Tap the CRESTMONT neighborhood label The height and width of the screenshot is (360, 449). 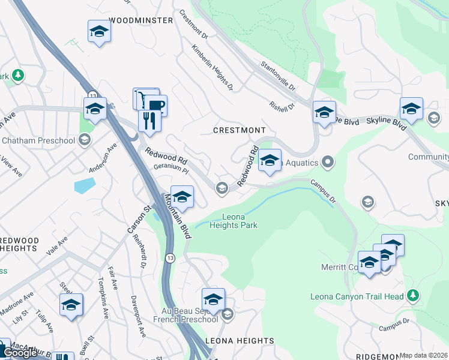click(x=240, y=130)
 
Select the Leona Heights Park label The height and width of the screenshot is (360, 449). click(x=234, y=221)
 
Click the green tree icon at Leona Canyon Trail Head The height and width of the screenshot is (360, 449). click(x=412, y=295)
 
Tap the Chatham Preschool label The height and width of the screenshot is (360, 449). click(x=38, y=140)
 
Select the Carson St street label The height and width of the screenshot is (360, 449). click(x=137, y=220)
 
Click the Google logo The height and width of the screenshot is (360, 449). click(x=20, y=353)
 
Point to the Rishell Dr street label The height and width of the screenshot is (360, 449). click(x=282, y=106)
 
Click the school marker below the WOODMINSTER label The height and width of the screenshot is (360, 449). click(x=99, y=32)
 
